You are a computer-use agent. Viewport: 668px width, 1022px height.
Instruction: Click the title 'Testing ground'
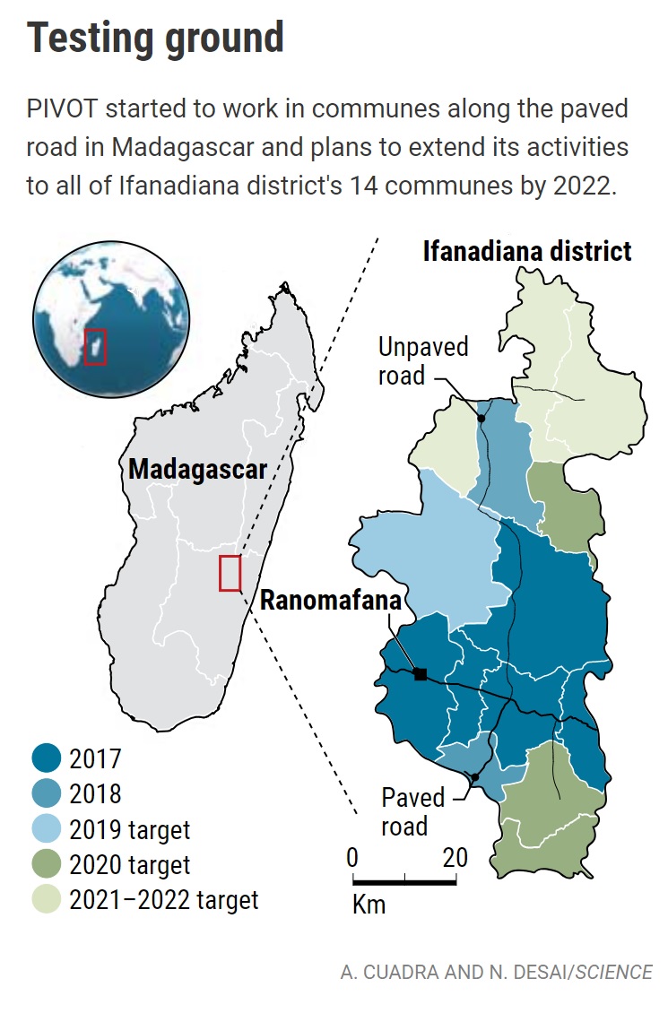tap(155, 39)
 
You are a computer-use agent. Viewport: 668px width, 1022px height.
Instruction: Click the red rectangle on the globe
tap(95, 346)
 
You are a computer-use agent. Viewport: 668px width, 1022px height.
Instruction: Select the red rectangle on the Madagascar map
tap(230, 574)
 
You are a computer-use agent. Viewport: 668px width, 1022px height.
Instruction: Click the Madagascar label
tap(197, 469)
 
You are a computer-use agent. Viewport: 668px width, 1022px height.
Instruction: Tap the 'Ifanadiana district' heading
tap(526, 251)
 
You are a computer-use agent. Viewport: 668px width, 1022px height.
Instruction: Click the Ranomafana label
tap(330, 601)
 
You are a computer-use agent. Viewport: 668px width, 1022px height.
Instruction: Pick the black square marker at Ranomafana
tap(421, 674)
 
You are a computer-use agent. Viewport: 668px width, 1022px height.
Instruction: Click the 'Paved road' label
tap(412, 811)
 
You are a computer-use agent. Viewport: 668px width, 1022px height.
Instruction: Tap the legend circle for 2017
tap(46, 759)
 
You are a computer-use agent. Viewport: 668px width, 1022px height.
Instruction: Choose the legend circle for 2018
tap(46, 793)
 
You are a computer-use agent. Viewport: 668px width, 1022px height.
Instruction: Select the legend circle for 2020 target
tap(46, 863)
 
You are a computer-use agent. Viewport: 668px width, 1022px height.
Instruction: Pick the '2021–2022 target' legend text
tap(163, 899)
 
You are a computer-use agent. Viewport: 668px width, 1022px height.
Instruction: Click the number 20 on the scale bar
tap(455, 858)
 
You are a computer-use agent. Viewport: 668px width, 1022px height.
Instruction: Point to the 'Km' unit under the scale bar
tap(369, 904)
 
